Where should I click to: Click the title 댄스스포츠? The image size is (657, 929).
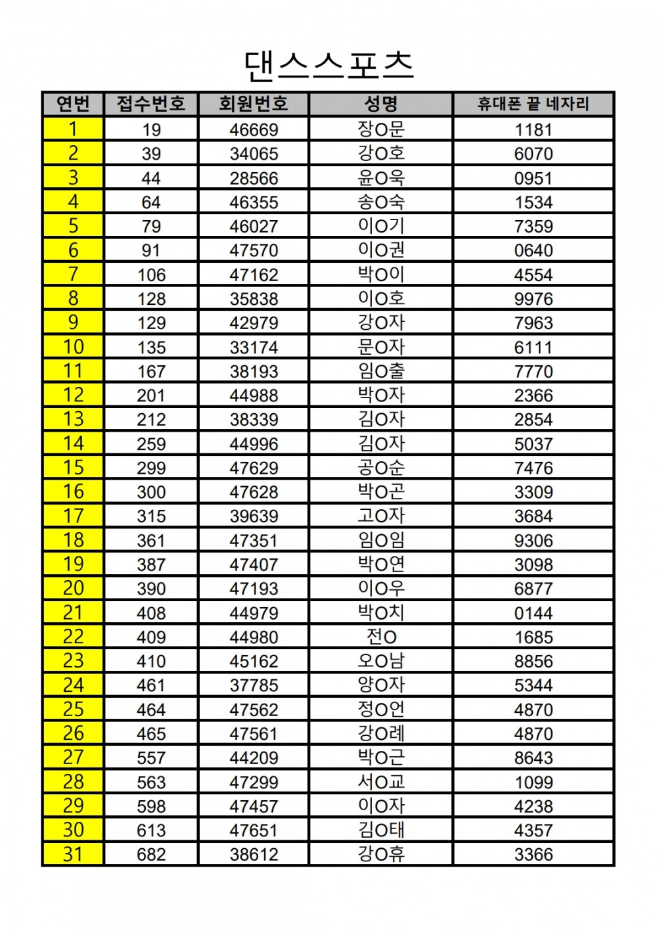coord(328,64)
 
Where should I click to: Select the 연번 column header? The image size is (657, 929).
coord(73,104)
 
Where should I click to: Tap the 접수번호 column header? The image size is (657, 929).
coord(151,104)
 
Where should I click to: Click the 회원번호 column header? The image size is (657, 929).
coord(254,104)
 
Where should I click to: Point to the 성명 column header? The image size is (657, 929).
coord(381,104)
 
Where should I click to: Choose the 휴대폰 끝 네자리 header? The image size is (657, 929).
coord(533,104)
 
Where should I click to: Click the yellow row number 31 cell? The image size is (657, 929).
coord(73,854)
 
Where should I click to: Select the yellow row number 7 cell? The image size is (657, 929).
coord(73,275)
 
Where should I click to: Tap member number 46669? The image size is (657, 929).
coord(254,129)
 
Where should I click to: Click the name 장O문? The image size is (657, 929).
coord(381,129)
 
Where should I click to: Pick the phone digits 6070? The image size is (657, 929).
coord(533,154)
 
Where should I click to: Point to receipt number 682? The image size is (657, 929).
coord(151,854)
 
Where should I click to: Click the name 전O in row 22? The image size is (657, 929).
coord(381,637)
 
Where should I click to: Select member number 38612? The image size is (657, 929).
coord(254,854)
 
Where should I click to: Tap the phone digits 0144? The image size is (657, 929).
coord(533,613)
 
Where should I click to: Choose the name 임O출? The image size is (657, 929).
coord(381,371)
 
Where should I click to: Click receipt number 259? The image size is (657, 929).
coord(151,443)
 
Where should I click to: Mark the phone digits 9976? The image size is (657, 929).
coord(533,299)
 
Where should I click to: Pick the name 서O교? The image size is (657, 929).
coord(381,782)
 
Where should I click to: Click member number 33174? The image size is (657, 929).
coord(254,347)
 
